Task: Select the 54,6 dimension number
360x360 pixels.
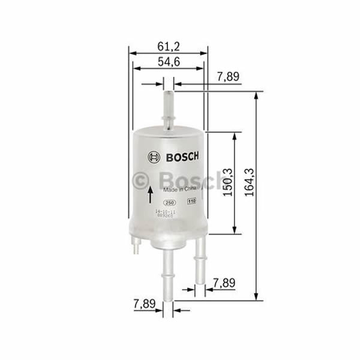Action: point(168,62)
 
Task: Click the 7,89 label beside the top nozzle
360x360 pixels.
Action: point(228,77)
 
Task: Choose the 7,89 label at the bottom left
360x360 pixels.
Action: point(144,305)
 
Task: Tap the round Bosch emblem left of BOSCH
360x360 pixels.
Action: point(154,157)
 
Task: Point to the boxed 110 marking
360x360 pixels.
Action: point(192,202)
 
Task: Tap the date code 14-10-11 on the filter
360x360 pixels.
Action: point(166,212)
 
